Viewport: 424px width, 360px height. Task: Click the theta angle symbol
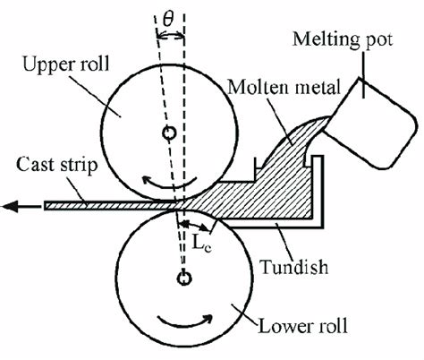[170, 17]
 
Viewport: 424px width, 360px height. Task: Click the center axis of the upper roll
[167, 133]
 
